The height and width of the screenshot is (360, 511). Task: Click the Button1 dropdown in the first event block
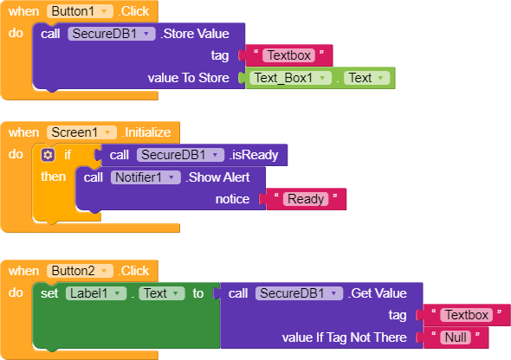tap(80, 11)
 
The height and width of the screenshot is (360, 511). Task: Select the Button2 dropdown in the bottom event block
tap(80, 271)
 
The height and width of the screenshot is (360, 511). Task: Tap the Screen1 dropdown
tap(81, 132)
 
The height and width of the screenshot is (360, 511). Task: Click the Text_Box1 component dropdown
tap(290, 78)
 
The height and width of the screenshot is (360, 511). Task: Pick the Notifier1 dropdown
tap(146, 177)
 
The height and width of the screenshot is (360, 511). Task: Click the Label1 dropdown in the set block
tap(96, 293)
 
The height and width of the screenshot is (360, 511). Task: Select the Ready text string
tap(306, 199)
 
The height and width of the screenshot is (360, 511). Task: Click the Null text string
tap(456, 337)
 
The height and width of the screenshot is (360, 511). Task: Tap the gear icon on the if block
tap(48, 155)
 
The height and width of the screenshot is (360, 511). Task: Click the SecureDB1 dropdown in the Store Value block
tap(112, 34)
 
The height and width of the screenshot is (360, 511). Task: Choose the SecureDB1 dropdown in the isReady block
tap(180, 155)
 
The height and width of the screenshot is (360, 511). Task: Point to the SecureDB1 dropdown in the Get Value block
tap(299, 293)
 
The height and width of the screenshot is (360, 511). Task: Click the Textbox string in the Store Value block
tap(288, 55)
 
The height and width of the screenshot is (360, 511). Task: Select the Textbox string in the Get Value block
tap(466, 315)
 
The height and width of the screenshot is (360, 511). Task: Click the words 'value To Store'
tap(188, 78)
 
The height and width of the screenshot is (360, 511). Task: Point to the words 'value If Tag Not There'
tap(344, 337)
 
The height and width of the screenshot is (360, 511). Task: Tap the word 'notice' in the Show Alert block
tap(232, 199)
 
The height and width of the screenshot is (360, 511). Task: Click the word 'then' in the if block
tap(54, 177)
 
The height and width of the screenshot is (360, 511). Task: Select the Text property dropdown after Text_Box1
tap(366, 78)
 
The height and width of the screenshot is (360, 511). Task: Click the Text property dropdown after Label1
tap(162, 293)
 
